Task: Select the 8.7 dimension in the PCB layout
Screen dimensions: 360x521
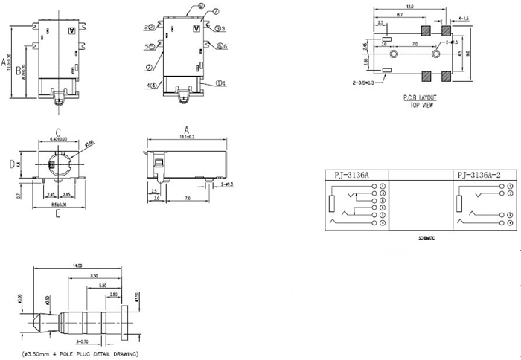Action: click(x=400, y=14)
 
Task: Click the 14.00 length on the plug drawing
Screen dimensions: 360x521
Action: click(x=77, y=266)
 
